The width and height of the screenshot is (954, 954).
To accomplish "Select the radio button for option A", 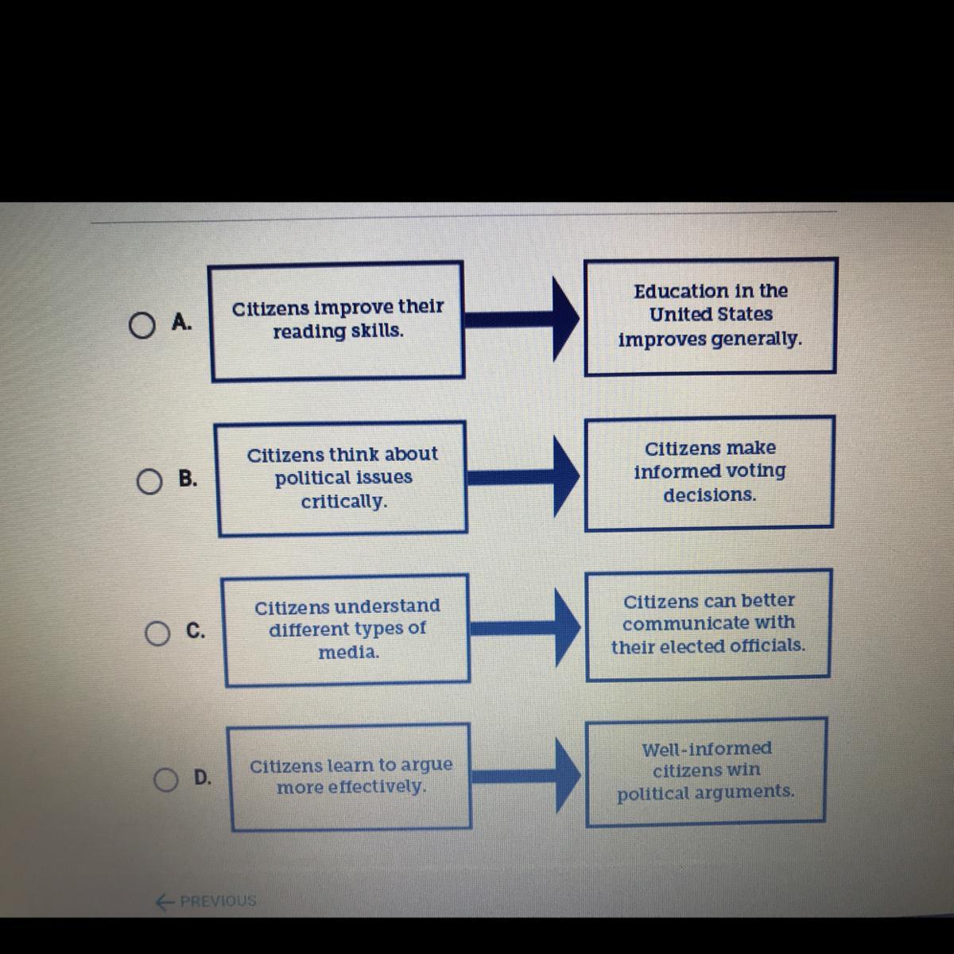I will click(141, 325).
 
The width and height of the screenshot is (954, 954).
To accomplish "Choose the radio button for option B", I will click(149, 481).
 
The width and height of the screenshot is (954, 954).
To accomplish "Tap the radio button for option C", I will click(157, 634).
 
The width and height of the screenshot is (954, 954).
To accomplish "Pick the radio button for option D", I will click(165, 780).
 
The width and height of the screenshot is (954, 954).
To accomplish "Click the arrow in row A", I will click(521, 318).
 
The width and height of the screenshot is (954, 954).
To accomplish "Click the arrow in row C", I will click(524, 627).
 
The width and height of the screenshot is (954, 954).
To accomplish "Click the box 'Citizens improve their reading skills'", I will click(336, 320).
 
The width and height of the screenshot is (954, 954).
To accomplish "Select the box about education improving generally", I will click(710, 315).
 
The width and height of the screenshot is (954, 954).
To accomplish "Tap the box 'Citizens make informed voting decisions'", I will click(709, 471).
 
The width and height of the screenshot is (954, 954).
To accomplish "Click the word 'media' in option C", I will click(348, 653).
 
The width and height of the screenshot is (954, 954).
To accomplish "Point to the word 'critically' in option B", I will click(344, 502).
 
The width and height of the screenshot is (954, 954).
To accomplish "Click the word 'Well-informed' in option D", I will click(706, 749).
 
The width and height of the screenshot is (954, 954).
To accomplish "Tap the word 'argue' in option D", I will click(426, 765).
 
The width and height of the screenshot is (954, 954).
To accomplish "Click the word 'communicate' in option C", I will click(686, 623).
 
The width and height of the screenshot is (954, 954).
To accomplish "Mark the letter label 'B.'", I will click(188, 479).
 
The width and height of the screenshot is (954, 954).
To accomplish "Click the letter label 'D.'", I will click(203, 778).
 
